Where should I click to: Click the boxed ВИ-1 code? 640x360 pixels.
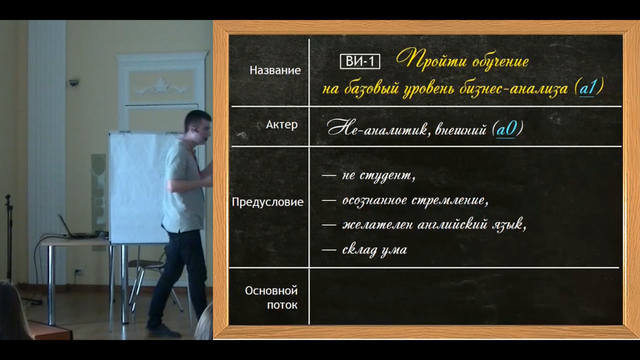[360, 61]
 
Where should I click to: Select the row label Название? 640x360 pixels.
[275, 70]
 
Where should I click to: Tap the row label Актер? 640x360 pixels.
[282, 125]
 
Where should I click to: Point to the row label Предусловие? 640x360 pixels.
[267, 202]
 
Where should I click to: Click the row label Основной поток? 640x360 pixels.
[271, 298]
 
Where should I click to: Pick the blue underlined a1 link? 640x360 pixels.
[587, 88]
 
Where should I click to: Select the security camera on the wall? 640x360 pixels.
[74, 83]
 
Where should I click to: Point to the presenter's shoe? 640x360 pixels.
[163, 330]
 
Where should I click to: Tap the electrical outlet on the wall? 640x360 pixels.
[78, 271]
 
